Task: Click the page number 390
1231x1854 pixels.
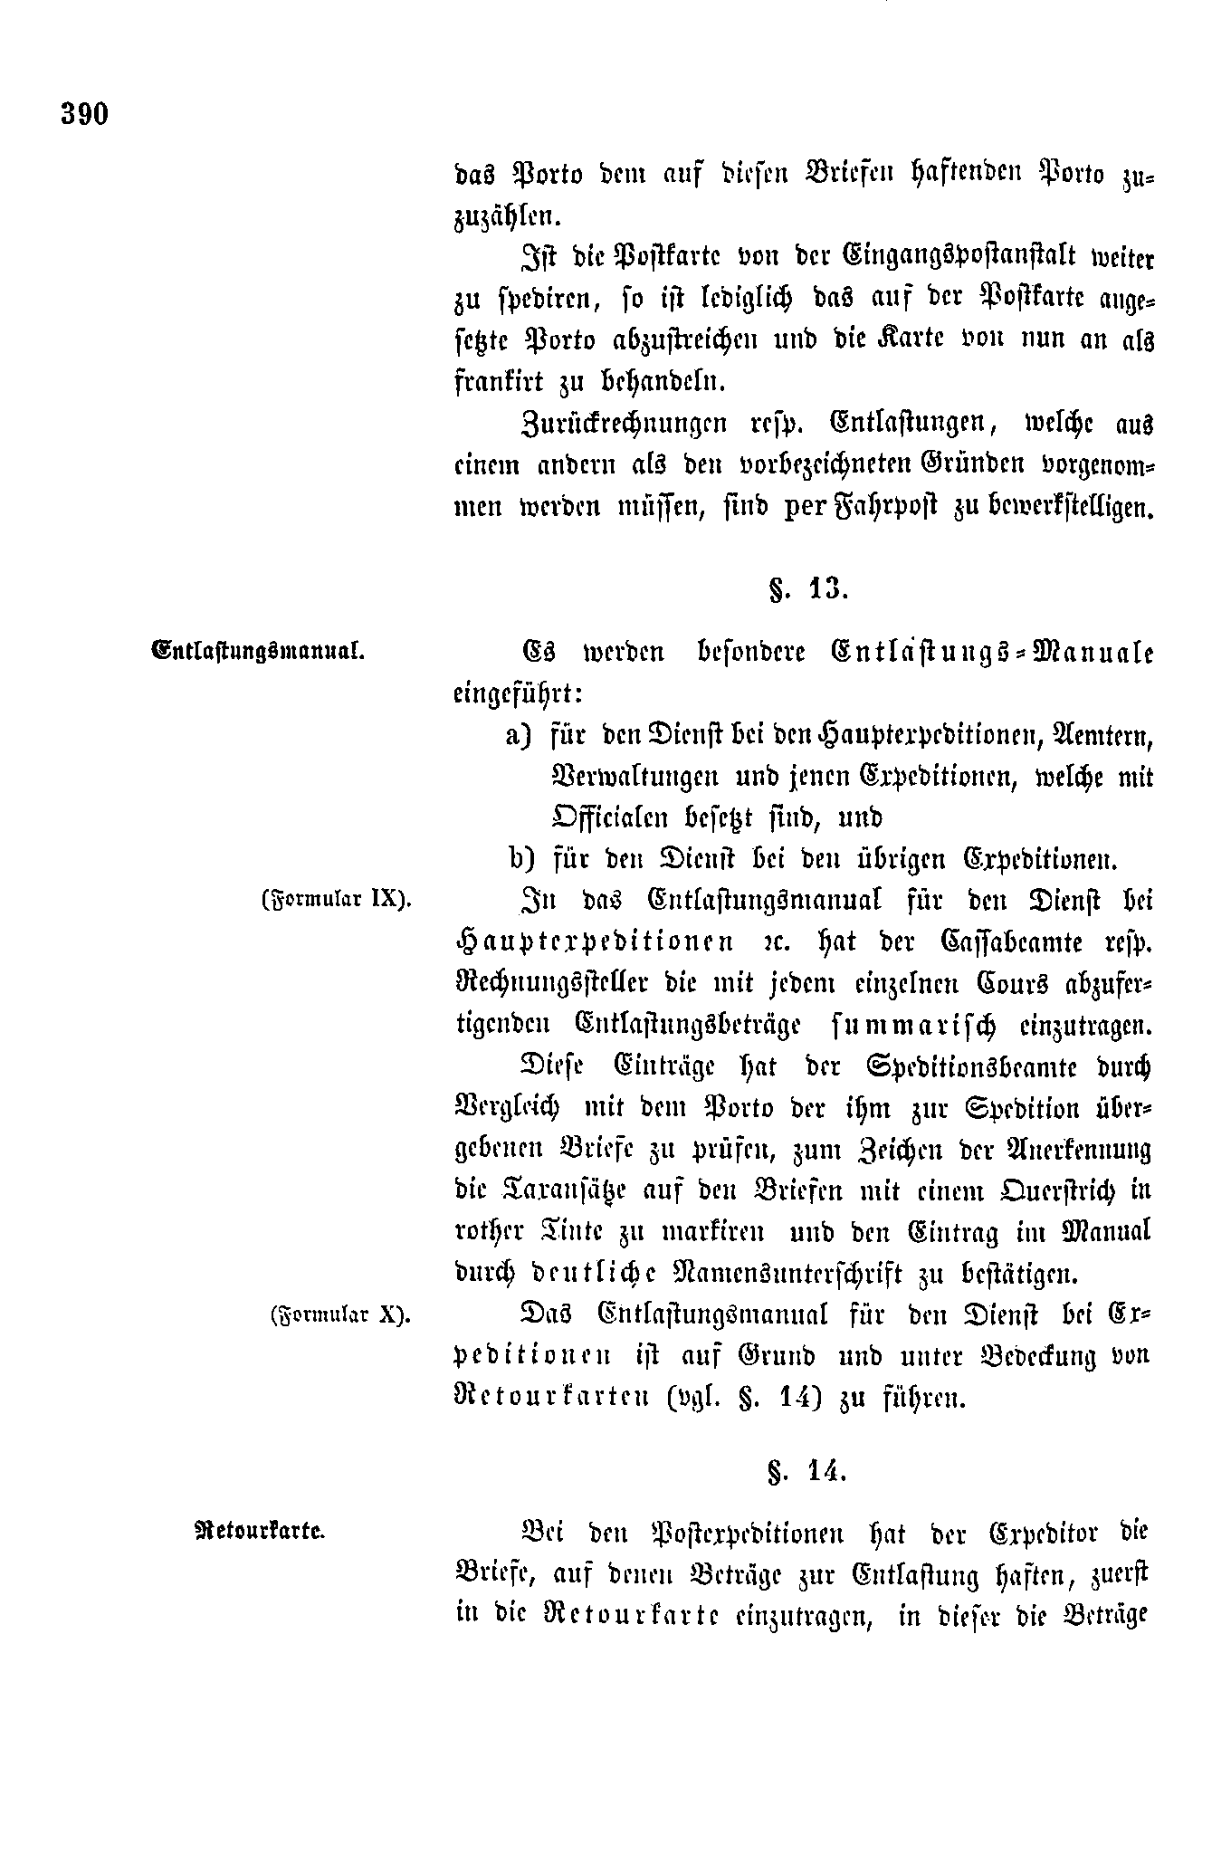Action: [x=85, y=114]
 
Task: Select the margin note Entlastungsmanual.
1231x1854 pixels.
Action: [x=258, y=650]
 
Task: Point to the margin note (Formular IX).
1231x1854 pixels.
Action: [x=336, y=900]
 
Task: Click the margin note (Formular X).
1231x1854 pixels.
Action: [x=339, y=1314]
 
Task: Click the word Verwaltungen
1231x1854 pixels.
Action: [x=635, y=776]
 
